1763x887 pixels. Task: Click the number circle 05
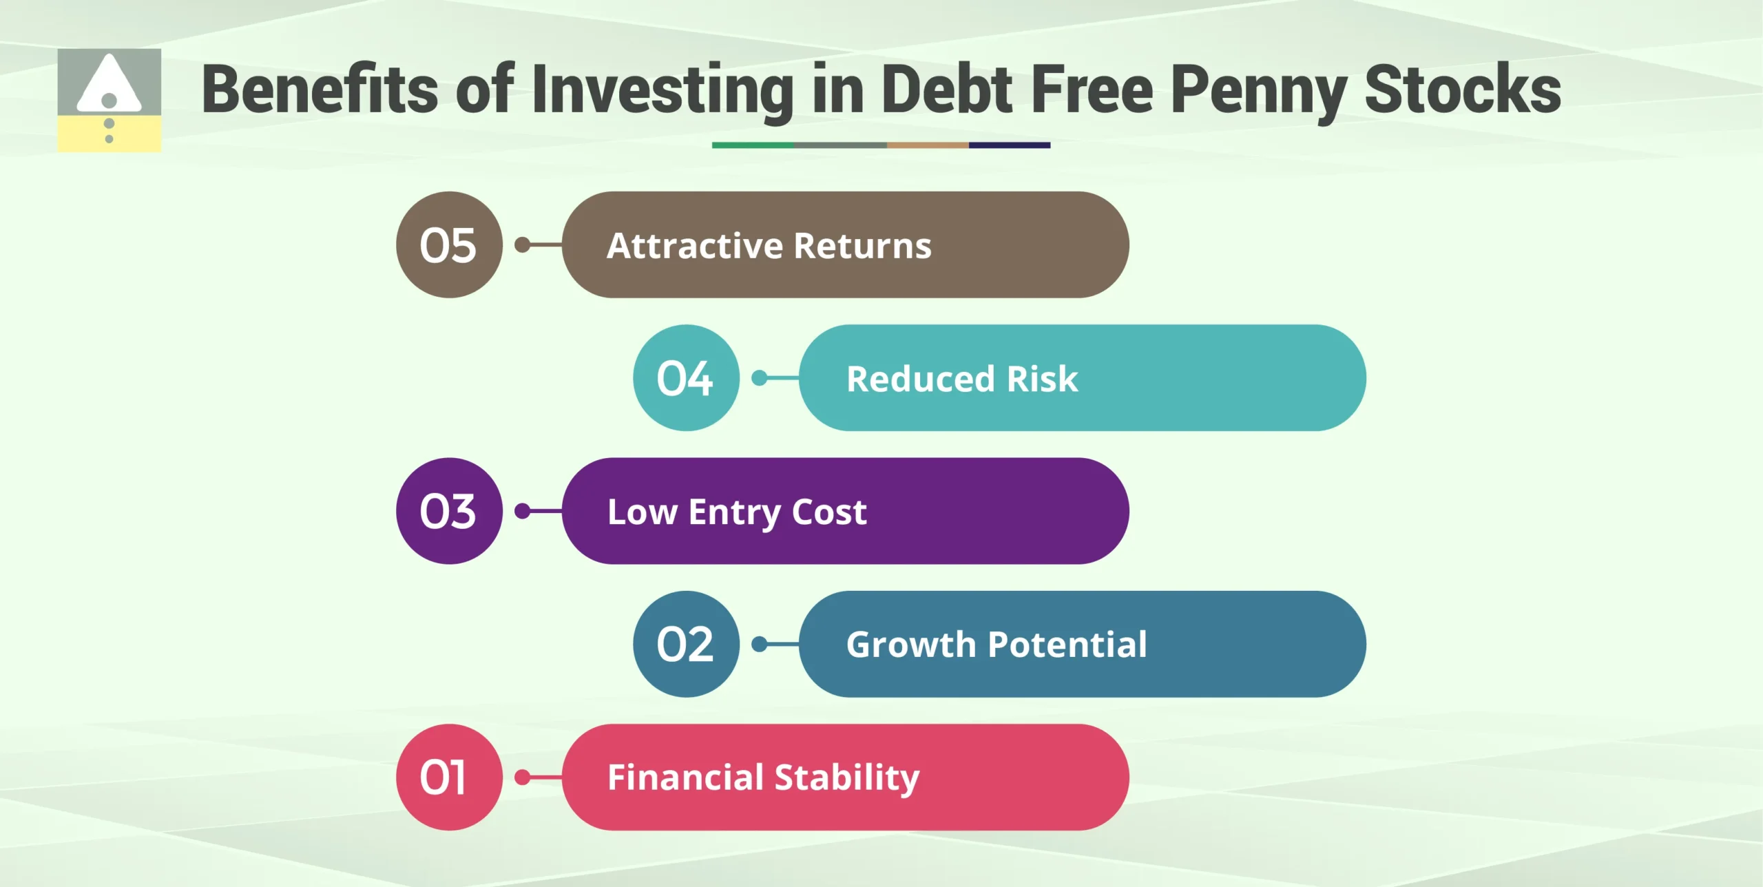[x=449, y=245]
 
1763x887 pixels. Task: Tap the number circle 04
[x=686, y=378]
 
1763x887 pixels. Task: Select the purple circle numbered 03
[x=449, y=511]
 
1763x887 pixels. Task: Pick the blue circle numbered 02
[x=686, y=644]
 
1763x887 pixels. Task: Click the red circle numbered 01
[x=449, y=777]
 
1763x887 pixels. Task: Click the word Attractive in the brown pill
[x=695, y=246]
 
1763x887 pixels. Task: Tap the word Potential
[x=1067, y=645]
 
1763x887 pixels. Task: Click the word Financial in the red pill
[x=685, y=777]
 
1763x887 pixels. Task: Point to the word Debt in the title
[x=946, y=90]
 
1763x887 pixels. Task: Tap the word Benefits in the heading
[x=320, y=90]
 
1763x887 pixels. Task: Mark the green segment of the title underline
[x=752, y=145]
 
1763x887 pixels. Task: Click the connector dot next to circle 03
[x=523, y=511]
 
